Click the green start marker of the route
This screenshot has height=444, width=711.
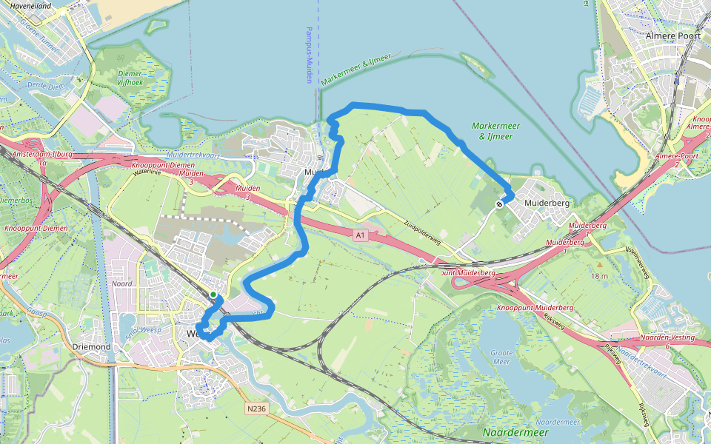(213, 295)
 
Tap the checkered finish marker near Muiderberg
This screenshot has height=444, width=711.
(501, 203)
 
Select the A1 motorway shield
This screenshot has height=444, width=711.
(361, 235)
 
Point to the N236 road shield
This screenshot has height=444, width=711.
(256, 408)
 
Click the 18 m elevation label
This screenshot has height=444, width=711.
(600, 276)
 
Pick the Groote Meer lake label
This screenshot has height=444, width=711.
(501, 357)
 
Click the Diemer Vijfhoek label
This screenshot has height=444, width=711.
(130, 78)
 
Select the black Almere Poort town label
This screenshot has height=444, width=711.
(672, 36)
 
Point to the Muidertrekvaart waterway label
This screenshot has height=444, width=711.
(194, 155)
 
